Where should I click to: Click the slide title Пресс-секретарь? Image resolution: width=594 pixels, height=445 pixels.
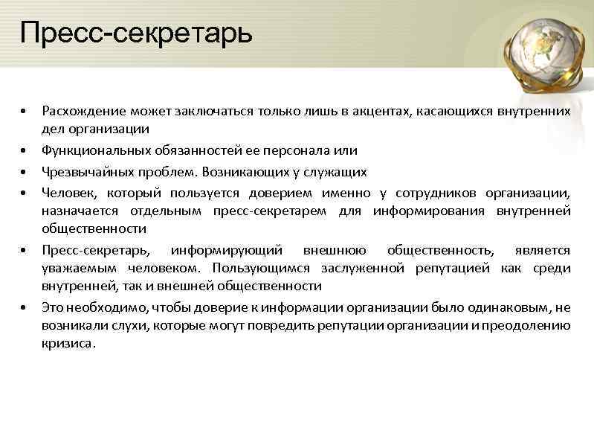pos(136,33)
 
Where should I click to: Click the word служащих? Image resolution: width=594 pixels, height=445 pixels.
pos(338,172)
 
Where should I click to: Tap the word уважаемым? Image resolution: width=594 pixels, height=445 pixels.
pos(74,268)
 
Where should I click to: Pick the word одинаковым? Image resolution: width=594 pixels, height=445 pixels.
pos(512,307)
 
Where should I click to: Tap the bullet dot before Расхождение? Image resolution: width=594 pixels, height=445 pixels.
pos(24,112)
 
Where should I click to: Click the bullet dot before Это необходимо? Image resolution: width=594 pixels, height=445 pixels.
pos(24,307)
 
